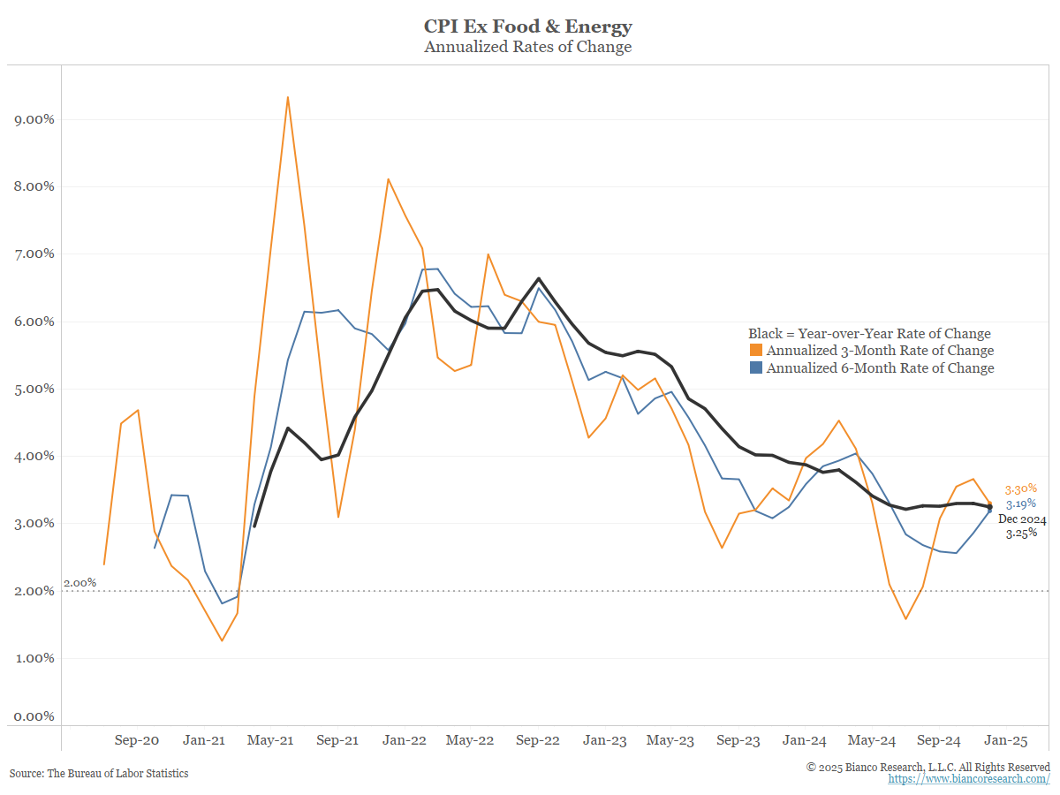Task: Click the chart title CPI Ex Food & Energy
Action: (528, 26)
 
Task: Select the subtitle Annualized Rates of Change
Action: (528, 47)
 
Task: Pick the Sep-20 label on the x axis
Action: (137, 740)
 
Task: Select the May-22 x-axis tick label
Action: (470, 740)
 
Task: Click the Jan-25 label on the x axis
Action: (1005, 740)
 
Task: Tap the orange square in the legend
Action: (755, 351)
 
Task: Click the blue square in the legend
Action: (755, 368)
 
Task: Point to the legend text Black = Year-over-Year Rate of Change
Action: (869, 334)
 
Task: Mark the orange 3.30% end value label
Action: (1020, 488)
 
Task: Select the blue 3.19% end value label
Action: (1020, 503)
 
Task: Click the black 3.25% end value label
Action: (1020, 534)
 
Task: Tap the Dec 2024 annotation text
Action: (1022, 519)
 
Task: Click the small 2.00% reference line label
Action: (79, 583)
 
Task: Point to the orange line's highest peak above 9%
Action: (287, 97)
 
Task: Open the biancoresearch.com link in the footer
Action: (969, 779)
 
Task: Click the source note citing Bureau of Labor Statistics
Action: (99, 773)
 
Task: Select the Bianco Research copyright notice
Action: (928, 767)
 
